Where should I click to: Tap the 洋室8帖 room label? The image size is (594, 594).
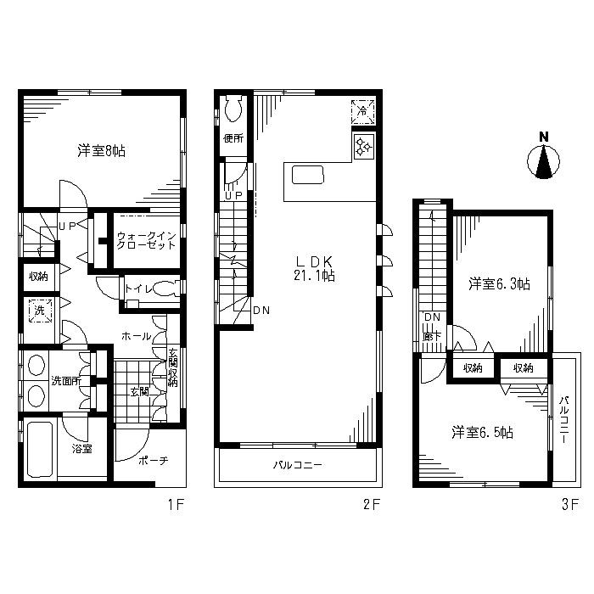tap(101, 151)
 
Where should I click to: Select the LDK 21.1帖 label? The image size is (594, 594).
tap(314, 268)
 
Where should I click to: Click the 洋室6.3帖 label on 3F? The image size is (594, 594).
tap(499, 283)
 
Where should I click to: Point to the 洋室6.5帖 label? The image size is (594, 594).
tap(482, 432)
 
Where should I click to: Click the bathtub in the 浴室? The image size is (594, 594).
tap(39, 449)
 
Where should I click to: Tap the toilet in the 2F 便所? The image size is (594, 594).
tap(233, 108)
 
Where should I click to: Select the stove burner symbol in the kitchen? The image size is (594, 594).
tap(364, 146)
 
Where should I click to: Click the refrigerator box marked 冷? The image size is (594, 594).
tap(363, 112)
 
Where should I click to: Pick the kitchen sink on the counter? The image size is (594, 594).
tap(308, 175)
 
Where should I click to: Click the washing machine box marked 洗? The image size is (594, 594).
tap(40, 311)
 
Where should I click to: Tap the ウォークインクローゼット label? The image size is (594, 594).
tap(146, 240)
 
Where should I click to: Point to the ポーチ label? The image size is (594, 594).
tap(153, 461)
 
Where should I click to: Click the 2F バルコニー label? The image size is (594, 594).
tap(298, 465)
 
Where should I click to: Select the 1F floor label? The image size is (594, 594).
tap(177, 505)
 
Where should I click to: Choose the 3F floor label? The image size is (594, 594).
tap(570, 505)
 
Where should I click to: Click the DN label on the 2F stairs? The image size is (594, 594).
tap(261, 311)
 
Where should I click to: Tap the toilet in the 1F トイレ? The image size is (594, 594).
tap(165, 289)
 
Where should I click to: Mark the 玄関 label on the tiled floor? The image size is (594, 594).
tap(139, 391)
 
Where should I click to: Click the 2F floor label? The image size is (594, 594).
tap(372, 505)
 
